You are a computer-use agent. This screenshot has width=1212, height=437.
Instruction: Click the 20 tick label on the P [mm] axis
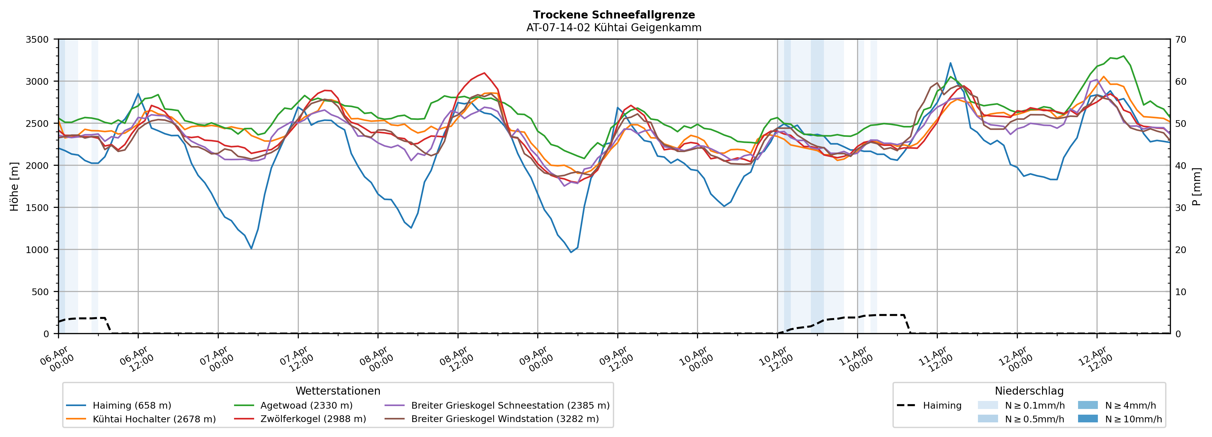[1180, 250]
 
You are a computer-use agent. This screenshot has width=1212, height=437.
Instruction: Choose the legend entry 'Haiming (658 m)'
[132, 405]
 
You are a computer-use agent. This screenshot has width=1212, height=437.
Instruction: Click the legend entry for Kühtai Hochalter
[154, 419]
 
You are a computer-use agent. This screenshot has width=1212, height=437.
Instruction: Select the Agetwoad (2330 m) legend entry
[306, 405]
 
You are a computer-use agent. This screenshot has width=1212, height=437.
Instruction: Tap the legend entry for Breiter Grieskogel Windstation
[504, 419]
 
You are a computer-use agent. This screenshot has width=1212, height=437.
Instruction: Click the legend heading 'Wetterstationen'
[338, 391]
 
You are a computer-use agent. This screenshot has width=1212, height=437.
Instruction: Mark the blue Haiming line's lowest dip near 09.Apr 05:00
[571, 252]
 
